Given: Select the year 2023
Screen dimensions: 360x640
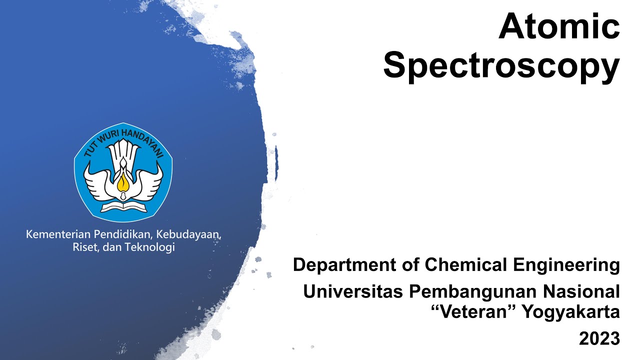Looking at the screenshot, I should [x=599, y=338].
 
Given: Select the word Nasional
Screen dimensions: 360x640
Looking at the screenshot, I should [x=581, y=291].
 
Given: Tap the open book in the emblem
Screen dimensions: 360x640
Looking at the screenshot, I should [x=123, y=205].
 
